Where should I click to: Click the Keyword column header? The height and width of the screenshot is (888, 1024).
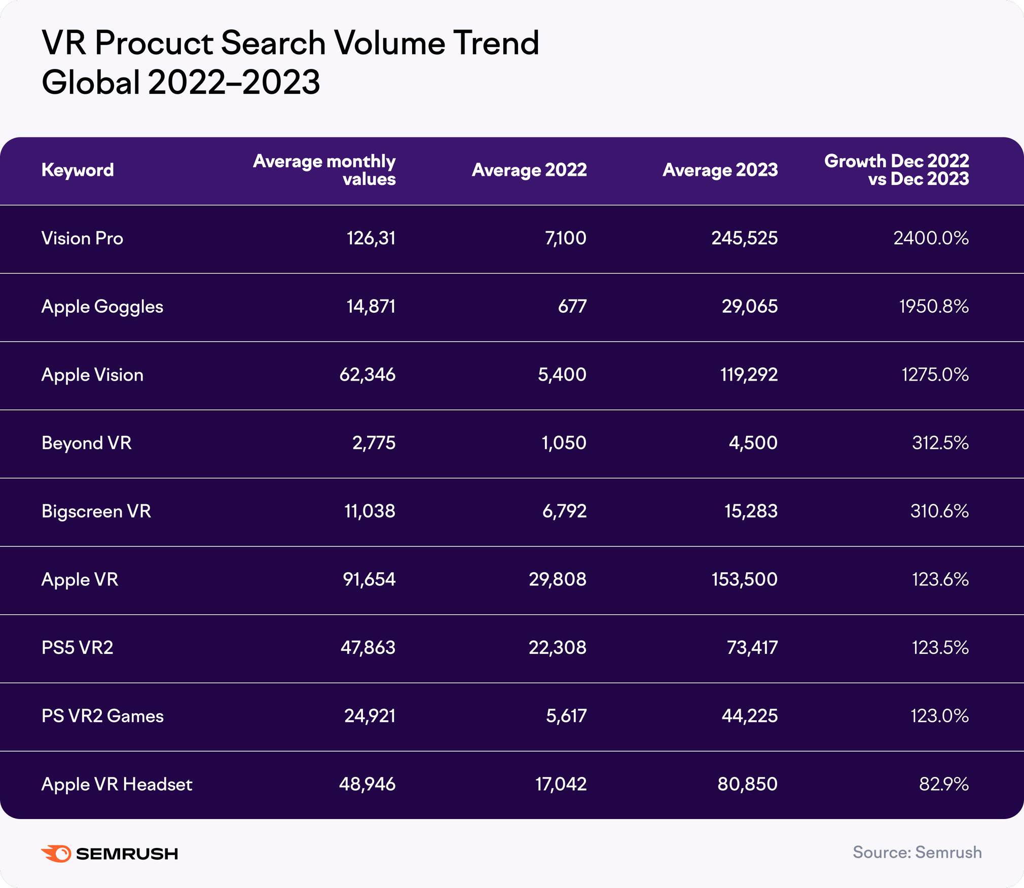(x=78, y=170)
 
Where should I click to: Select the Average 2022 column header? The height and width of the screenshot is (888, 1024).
(x=529, y=170)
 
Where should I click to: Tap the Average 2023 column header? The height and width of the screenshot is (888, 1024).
(x=720, y=170)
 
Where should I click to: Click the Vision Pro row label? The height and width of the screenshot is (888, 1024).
(x=82, y=238)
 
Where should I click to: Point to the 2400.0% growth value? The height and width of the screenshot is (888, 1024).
(x=931, y=238)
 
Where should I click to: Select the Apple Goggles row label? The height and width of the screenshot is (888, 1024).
(x=102, y=307)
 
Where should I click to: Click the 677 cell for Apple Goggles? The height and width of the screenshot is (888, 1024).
(x=572, y=307)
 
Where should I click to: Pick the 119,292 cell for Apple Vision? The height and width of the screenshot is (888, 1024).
(x=749, y=375)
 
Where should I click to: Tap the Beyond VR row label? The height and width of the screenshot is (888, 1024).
(x=87, y=443)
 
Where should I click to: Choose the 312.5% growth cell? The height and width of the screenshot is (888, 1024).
(x=940, y=443)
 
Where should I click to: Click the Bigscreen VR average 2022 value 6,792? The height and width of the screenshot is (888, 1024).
(x=564, y=511)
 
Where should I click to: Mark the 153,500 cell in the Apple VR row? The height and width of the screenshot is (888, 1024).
(x=744, y=579)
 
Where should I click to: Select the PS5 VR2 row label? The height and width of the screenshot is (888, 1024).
(x=78, y=648)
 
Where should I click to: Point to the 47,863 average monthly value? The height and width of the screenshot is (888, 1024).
(x=368, y=648)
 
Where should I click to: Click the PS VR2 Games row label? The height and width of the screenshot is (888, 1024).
(x=102, y=716)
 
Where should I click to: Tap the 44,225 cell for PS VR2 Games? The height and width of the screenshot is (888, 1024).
(x=749, y=716)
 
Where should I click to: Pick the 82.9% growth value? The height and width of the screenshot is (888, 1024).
(x=944, y=785)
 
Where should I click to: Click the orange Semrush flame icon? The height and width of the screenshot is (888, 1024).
(x=56, y=854)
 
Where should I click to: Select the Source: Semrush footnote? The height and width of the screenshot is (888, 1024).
(x=917, y=853)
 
